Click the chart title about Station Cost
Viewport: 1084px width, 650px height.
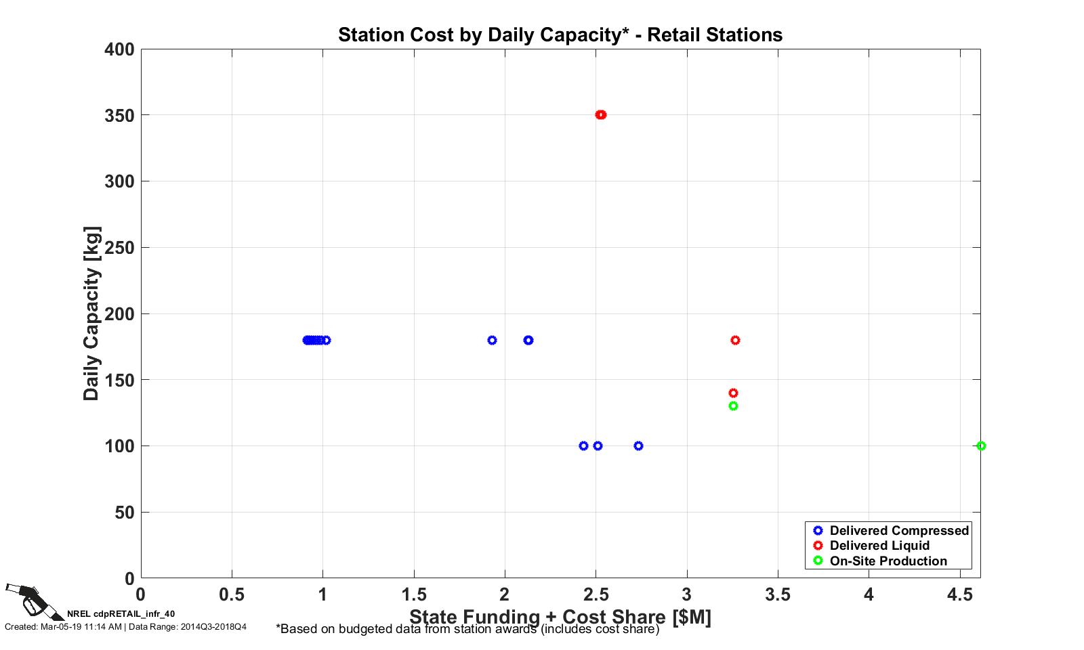(560, 35)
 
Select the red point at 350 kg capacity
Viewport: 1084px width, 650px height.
(601, 114)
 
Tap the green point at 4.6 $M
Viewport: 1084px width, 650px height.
(981, 446)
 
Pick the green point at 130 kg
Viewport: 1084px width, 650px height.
(733, 406)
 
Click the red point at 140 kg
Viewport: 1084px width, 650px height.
(733, 393)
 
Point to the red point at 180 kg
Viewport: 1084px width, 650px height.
(735, 340)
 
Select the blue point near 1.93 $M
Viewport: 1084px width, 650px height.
(492, 340)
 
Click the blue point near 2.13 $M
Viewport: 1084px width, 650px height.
(528, 340)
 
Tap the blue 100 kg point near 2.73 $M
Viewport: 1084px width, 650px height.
(638, 446)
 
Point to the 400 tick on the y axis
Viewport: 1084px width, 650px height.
(119, 49)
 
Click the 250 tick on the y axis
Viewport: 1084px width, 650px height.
(119, 248)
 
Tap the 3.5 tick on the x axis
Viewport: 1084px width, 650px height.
(778, 595)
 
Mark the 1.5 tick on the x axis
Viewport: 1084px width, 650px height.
(414, 595)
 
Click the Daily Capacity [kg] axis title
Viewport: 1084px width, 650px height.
(91, 313)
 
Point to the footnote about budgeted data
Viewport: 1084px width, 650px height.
(467, 629)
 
